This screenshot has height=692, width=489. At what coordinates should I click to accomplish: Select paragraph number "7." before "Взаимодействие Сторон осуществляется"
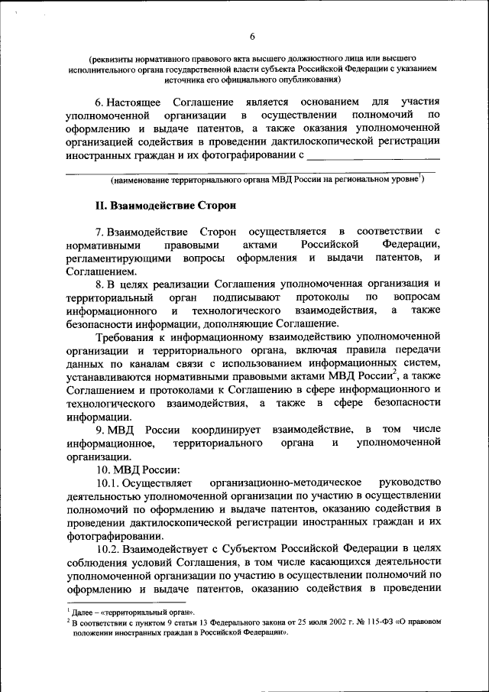pos(100,232)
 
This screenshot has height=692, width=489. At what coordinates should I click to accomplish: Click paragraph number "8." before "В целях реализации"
pos(100,284)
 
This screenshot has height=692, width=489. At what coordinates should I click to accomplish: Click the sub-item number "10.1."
pos(111,483)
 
